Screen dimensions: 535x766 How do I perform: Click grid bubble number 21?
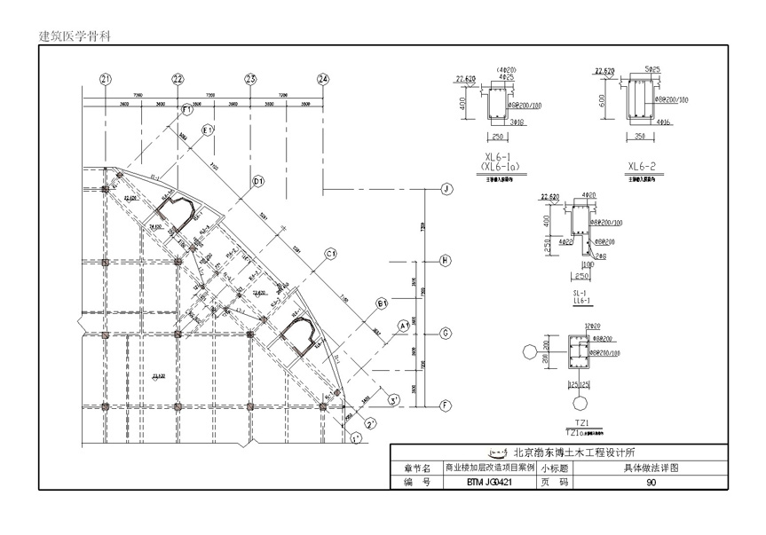pyautogui.click(x=107, y=79)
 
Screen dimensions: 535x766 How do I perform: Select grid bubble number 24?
pyautogui.click(x=323, y=79)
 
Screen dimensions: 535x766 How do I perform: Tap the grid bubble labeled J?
pyautogui.click(x=447, y=188)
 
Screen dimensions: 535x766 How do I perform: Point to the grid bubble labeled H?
pyautogui.click(x=447, y=260)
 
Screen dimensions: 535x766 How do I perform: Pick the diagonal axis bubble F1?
pyautogui.click(x=187, y=109)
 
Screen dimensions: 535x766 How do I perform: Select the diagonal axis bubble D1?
pyautogui.click(x=259, y=182)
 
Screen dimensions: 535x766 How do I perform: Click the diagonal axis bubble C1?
pyautogui.click(x=330, y=254)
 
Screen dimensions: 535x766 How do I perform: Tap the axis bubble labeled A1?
pyautogui.click(x=404, y=326)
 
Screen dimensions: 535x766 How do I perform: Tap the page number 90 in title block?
pyautogui.click(x=651, y=482)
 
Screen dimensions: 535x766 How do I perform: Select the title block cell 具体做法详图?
pyautogui.click(x=650, y=468)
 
